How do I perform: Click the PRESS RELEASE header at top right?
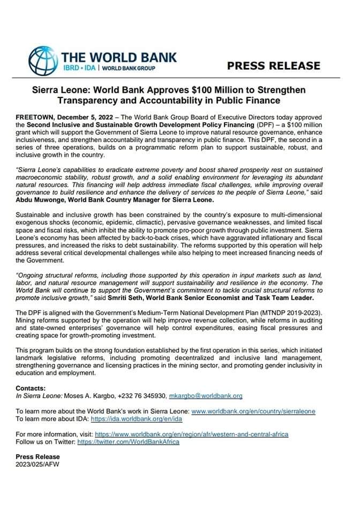click(x=273, y=66)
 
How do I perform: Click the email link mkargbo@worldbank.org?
click(x=206, y=396)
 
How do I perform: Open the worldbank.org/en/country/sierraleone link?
click(x=253, y=411)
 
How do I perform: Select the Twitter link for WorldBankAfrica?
click(x=128, y=442)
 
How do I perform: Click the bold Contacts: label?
click(x=31, y=388)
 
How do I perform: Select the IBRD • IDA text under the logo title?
click(x=80, y=69)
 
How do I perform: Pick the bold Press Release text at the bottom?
click(x=37, y=457)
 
